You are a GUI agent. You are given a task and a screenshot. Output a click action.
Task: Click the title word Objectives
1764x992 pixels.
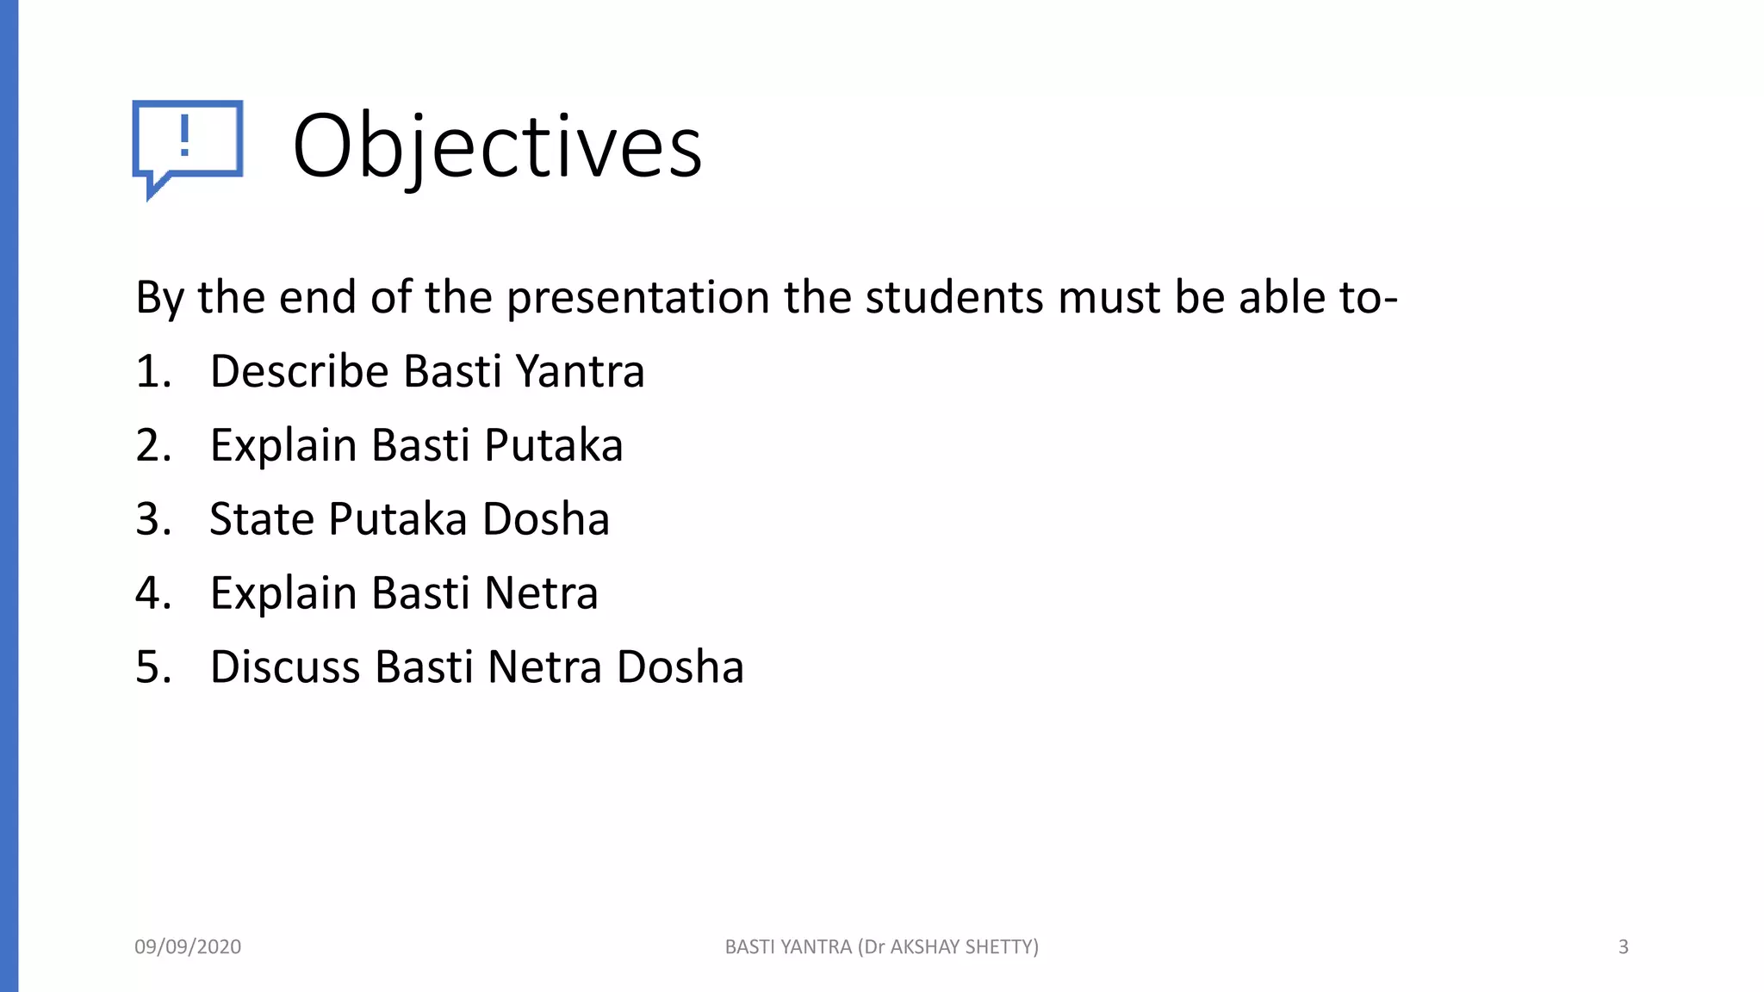(x=497, y=146)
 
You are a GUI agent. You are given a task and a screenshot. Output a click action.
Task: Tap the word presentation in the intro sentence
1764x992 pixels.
(x=637, y=298)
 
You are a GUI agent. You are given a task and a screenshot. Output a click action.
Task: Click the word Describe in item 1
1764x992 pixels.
(x=300, y=372)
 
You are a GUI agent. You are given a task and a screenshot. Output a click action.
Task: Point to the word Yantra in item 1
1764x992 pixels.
(x=580, y=372)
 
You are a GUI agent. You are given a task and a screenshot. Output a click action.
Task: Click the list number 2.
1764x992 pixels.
(x=153, y=446)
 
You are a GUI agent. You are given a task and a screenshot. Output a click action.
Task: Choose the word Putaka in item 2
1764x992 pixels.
(x=553, y=446)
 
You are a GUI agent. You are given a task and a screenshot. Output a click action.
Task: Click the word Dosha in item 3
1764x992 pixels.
(x=545, y=519)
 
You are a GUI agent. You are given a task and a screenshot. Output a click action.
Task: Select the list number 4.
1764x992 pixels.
(x=153, y=593)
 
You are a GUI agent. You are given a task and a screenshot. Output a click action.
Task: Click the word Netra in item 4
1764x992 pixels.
(x=541, y=593)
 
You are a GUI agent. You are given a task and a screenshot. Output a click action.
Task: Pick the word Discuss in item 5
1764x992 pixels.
(x=285, y=667)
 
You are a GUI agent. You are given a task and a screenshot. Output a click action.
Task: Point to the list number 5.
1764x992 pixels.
(x=153, y=667)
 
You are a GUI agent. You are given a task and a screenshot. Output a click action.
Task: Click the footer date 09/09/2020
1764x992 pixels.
(x=188, y=947)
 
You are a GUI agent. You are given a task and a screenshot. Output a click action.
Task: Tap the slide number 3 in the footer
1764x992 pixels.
(x=1623, y=947)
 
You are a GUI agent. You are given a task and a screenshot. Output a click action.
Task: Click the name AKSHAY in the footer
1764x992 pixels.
(x=924, y=947)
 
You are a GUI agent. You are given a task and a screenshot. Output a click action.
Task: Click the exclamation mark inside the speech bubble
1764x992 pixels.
(x=184, y=136)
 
